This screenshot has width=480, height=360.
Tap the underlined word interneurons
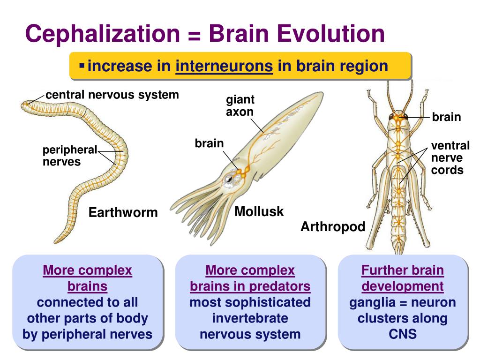click(224, 66)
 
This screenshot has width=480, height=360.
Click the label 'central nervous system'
click(112, 95)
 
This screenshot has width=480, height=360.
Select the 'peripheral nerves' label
click(69, 156)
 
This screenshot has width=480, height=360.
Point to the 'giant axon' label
click(240, 106)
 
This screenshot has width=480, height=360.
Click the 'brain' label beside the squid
click(209, 143)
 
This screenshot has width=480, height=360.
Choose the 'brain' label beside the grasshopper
click(446, 117)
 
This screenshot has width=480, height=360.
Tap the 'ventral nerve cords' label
click(450, 158)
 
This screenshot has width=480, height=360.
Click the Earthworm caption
click(123, 213)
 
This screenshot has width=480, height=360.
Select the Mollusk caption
click(259, 211)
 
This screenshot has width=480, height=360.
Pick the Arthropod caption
click(332, 227)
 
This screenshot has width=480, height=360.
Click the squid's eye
click(229, 178)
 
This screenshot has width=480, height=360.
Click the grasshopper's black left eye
click(391, 116)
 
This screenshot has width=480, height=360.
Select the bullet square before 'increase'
click(82, 65)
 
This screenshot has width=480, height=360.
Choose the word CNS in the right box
click(403, 334)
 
